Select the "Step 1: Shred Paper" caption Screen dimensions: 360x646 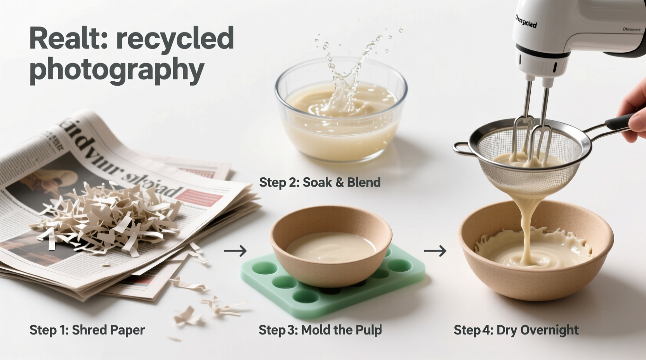tap(87, 330)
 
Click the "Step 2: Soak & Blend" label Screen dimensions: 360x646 tap(320, 182)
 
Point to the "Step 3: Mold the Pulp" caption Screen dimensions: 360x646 tap(320, 330)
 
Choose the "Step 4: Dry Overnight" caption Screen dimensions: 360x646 tap(516, 330)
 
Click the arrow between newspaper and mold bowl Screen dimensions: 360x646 tap(235, 251)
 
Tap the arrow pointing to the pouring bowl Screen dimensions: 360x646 tap(435, 251)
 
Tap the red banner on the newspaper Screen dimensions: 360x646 tap(202, 196)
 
